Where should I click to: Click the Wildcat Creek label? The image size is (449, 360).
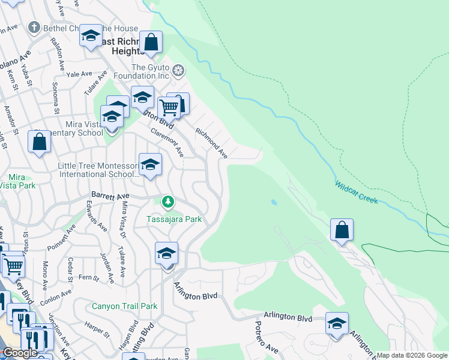coord(357,193)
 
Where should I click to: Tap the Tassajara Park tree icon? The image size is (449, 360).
coord(169,202)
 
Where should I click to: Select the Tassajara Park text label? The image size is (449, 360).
coord(174,219)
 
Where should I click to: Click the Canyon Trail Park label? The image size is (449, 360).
coord(124,306)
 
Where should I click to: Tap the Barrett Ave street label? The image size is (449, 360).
coord(110,196)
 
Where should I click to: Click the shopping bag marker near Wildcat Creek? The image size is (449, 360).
coord(342,230)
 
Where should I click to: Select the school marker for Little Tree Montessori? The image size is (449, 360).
coord(150,164)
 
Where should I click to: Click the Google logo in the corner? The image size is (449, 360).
coord(20,353)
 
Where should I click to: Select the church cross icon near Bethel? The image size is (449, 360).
coord(35,28)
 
